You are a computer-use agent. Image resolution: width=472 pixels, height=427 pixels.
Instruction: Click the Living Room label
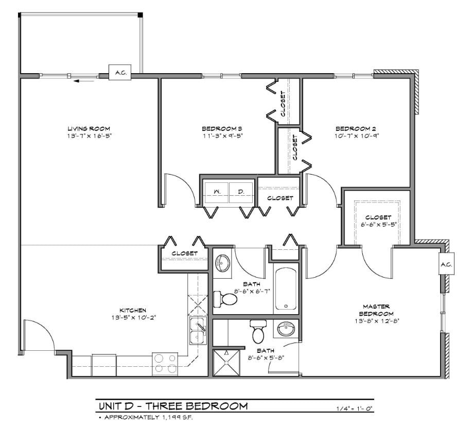pos(89,128)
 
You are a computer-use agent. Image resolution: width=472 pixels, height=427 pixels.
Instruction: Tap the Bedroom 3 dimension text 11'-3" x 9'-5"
pos(222,136)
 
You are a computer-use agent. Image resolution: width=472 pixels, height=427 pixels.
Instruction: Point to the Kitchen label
pos(133,310)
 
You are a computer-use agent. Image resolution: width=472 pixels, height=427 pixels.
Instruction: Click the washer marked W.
pos(217,192)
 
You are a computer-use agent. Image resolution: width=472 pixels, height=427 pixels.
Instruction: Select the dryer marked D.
pos(240,192)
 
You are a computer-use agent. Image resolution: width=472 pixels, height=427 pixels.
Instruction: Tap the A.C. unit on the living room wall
pos(120,74)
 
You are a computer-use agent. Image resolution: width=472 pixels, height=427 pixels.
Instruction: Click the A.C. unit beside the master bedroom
pos(445,264)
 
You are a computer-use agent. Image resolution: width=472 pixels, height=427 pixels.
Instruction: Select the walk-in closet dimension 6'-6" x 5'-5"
pos(378,225)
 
